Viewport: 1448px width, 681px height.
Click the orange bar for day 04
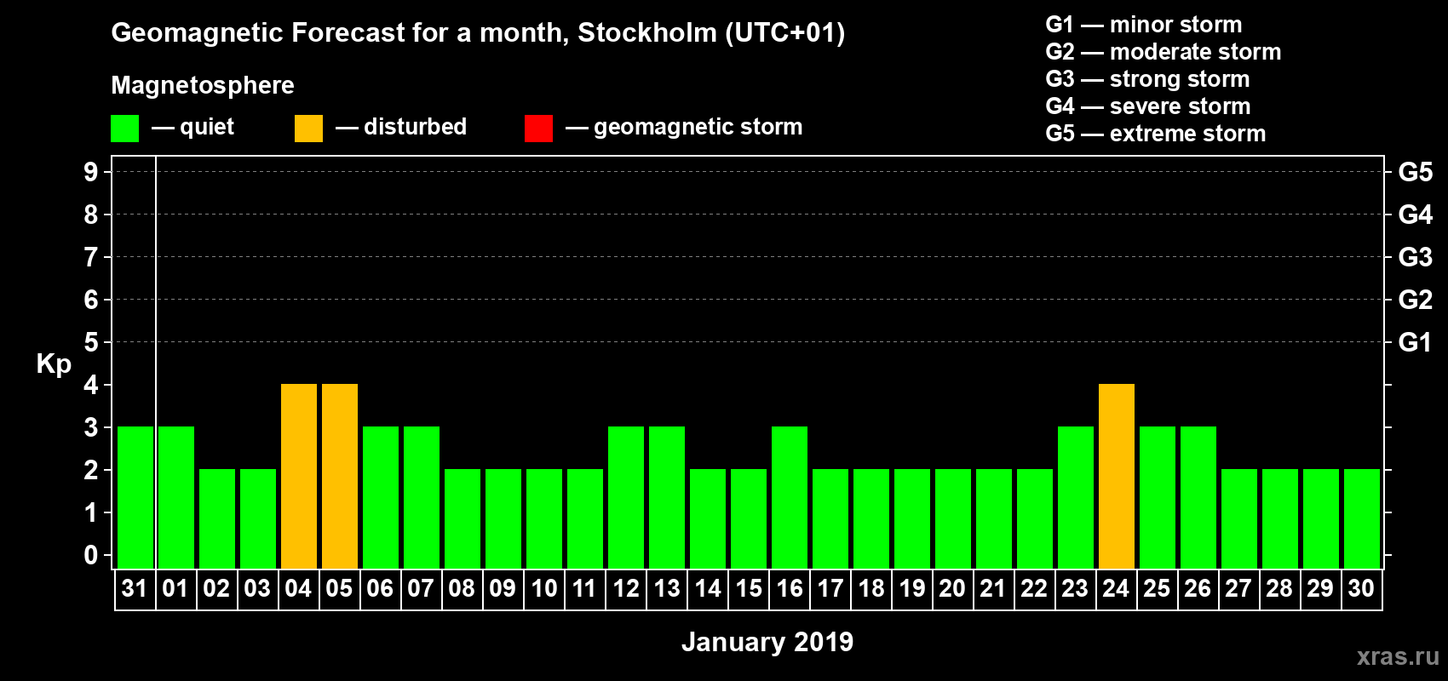point(299,476)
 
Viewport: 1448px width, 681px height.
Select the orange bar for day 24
point(1117,476)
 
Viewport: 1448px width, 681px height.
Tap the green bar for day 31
point(135,497)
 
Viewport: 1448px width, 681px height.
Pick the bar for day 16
point(790,497)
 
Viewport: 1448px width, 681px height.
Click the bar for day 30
point(1362,518)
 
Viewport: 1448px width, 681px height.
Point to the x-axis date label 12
point(626,588)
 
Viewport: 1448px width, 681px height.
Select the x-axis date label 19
point(912,588)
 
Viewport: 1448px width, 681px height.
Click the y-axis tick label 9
point(91,172)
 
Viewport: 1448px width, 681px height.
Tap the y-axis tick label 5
point(91,342)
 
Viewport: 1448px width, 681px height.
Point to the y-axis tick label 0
point(91,555)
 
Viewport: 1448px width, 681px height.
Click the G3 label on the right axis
point(1415,257)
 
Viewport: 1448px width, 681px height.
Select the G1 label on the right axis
point(1415,342)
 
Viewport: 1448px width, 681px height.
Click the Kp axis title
point(54,364)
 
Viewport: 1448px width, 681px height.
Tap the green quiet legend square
point(124,129)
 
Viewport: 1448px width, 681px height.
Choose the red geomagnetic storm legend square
point(538,129)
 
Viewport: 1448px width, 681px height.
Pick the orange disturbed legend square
point(308,129)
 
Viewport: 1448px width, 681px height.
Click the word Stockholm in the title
point(647,33)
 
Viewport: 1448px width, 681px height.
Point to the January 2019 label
point(767,642)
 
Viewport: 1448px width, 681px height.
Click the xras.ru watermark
point(1398,656)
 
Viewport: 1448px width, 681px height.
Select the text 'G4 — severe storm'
point(1147,106)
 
